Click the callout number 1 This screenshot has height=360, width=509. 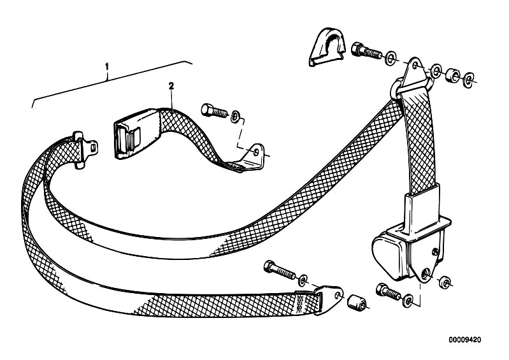click(x=107, y=67)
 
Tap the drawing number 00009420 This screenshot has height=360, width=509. click(x=465, y=340)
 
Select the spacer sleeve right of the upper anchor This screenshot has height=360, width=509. click(x=452, y=75)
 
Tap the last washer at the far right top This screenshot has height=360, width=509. click(x=468, y=79)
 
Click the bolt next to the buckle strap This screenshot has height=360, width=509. click(x=214, y=111)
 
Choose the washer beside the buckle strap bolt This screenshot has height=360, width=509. click(x=235, y=116)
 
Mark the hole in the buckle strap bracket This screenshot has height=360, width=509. click(x=257, y=152)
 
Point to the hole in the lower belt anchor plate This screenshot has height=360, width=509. click(x=338, y=294)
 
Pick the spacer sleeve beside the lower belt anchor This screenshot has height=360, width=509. click(x=357, y=303)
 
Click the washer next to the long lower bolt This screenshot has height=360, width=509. click(x=303, y=279)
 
